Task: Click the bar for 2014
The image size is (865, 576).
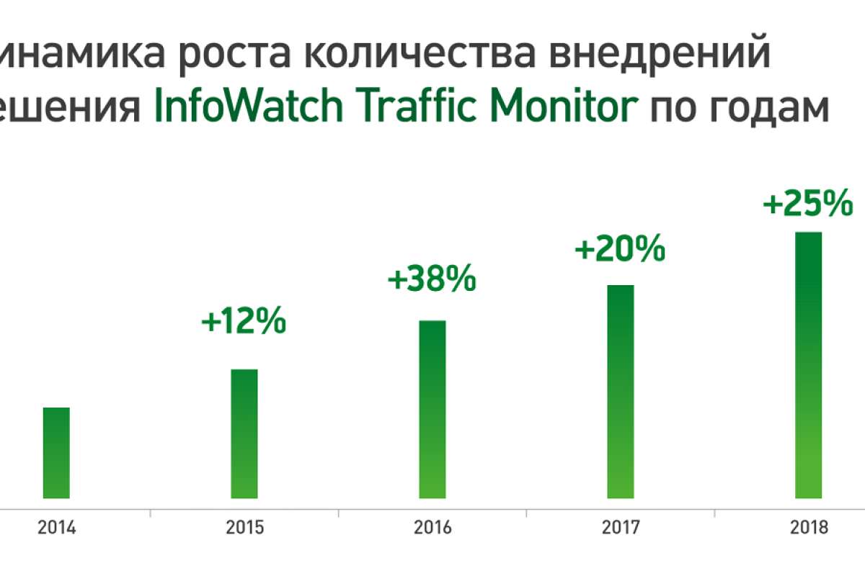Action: click(x=56, y=453)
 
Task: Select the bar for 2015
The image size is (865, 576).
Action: click(x=244, y=433)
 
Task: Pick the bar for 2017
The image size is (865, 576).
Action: click(x=621, y=392)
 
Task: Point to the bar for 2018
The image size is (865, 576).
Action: click(x=809, y=365)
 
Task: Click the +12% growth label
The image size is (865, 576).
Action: click(x=244, y=322)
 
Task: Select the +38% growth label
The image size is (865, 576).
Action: click(x=432, y=279)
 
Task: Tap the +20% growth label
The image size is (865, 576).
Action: click(x=620, y=250)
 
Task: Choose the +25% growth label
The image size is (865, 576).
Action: click(x=808, y=204)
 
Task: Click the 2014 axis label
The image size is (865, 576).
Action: click(x=56, y=528)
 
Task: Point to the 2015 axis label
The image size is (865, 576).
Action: click(x=244, y=528)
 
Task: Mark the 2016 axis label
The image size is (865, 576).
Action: click(x=432, y=528)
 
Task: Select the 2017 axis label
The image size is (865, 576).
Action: click(x=621, y=528)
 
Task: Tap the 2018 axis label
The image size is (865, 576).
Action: click(x=809, y=528)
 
